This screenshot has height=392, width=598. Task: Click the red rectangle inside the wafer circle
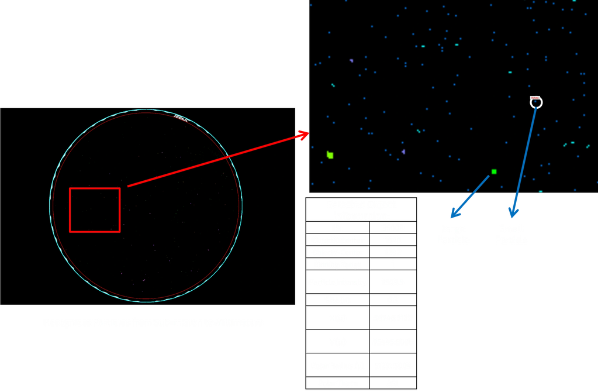[95, 209]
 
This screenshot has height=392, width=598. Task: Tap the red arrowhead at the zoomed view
[303, 135]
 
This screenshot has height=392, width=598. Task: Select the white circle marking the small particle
[536, 103]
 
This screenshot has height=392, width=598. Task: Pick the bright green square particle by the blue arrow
[494, 171]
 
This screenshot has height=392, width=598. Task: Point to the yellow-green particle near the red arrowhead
[330, 155]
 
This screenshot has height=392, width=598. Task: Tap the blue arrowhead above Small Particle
[514, 211]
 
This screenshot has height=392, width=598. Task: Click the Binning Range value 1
[392, 264]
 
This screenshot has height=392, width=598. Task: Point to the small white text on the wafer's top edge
[181, 118]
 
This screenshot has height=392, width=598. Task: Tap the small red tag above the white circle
[534, 97]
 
